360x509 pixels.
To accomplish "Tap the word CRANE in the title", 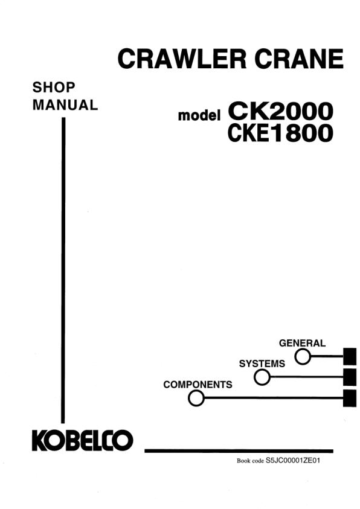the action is point(299,59).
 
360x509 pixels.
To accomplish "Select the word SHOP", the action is point(54,88).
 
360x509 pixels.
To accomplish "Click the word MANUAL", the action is point(65,105).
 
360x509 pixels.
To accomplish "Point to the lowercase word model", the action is point(199,115).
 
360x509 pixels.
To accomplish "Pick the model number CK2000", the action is point(280,111).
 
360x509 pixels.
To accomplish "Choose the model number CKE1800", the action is point(280,133).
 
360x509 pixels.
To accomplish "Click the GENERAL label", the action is point(302,343).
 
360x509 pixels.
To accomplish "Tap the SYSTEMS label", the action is point(262,363).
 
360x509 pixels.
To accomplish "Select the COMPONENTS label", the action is point(198,385).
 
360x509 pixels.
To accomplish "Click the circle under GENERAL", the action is point(303,357).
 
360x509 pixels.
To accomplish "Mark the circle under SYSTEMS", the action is point(262,377).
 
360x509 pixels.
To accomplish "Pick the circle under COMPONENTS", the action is point(196,398).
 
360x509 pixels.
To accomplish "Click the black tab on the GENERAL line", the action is point(350,356).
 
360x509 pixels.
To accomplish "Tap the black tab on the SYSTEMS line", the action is point(350,377).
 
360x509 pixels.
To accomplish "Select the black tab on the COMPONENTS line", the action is point(350,398).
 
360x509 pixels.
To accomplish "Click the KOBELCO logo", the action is point(83,441).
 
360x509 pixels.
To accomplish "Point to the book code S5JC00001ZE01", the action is point(293,460).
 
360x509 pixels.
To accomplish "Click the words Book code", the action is point(250,461).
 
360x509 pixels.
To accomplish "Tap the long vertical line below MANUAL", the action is point(63,271).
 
